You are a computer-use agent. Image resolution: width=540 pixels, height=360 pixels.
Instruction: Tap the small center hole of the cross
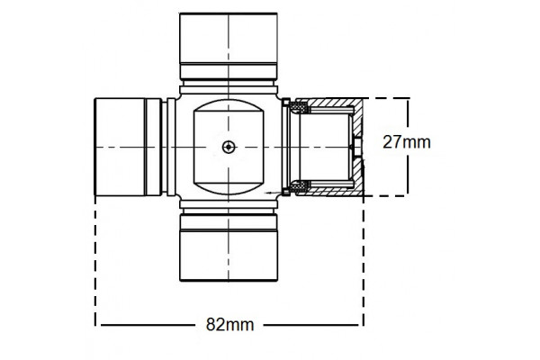[229, 146]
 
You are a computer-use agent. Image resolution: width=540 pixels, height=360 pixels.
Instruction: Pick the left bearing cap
[121, 146]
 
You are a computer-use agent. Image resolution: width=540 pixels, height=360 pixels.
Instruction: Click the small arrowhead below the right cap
[270, 193]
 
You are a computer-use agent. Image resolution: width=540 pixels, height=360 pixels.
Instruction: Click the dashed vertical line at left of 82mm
[96, 261]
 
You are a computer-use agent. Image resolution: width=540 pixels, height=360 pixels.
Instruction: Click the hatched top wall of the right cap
[333, 103]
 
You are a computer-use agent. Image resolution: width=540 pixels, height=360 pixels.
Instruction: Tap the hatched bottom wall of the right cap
[333, 192]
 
